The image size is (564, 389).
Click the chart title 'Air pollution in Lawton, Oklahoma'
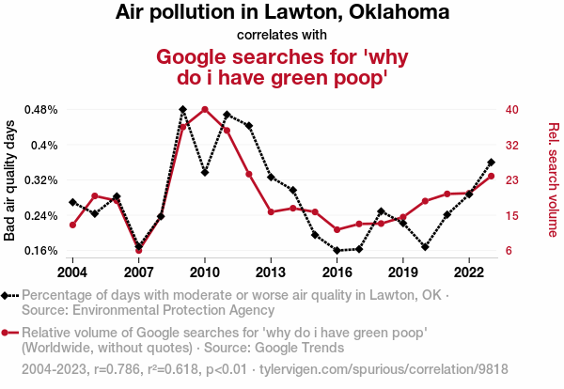tap(282, 13)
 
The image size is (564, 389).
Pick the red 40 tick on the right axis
tap(511, 109)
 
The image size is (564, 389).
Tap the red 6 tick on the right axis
tap(508, 251)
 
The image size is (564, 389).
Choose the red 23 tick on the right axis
tap(511, 179)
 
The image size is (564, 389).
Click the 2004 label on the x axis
tap(72, 272)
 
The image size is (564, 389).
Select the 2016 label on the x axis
tap(337, 272)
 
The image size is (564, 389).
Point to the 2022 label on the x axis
tap(469, 272)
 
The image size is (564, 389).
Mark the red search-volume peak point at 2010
tap(205, 109)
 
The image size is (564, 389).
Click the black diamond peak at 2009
tap(182, 109)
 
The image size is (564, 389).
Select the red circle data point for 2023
tap(492, 177)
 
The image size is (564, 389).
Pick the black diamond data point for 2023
tap(492, 163)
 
